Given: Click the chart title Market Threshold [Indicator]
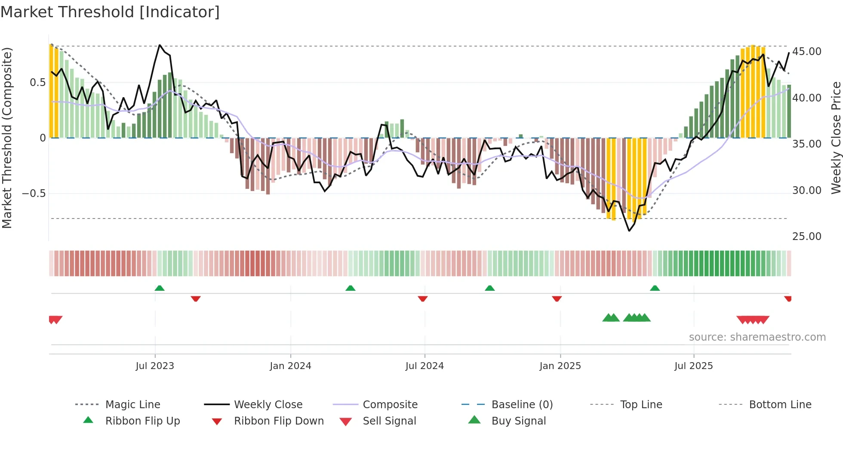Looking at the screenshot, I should [110, 12].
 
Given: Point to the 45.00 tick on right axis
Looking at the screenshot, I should [806, 52].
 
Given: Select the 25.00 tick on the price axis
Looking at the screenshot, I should [806, 236].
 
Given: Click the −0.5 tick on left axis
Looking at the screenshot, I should [34, 193].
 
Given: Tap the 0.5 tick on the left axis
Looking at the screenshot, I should [37, 83].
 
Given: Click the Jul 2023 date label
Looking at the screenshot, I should [155, 366].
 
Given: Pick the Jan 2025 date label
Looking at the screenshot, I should [560, 366].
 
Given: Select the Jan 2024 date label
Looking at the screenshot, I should [290, 366].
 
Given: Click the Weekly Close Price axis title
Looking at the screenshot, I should [835, 138].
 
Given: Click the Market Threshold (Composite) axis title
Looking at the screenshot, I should [7, 138].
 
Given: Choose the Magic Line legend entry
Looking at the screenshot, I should [132, 405].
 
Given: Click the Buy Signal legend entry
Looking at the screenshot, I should [518, 421].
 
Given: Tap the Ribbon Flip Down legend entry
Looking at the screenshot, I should [278, 421].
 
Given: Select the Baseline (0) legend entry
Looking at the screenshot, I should [522, 405].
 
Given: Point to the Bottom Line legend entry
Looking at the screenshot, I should [780, 405].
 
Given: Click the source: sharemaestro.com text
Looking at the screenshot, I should [757, 337].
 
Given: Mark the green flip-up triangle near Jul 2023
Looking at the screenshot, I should [160, 288].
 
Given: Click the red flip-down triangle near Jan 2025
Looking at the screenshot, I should [557, 299].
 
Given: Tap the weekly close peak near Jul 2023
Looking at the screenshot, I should [160, 45].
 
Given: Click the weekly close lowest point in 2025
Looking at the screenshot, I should [629, 231].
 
